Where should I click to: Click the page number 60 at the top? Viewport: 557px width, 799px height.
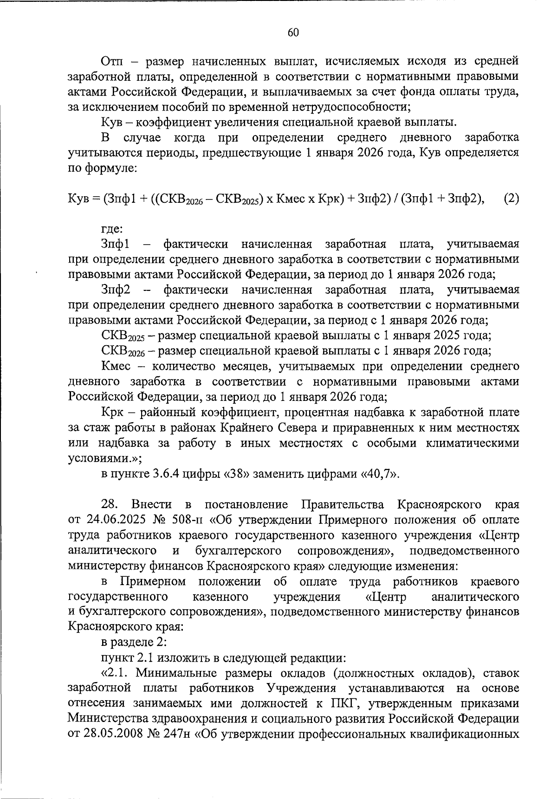pyautogui.click(x=293, y=32)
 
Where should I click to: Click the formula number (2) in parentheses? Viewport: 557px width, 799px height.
pyautogui.click(x=511, y=199)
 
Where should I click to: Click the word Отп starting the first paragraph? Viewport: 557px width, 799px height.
pyautogui.click(x=112, y=61)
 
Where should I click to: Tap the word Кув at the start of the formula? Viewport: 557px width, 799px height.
pyautogui.click(x=77, y=199)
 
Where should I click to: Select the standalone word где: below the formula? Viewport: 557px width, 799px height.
pyautogui.click(x=112, y=229)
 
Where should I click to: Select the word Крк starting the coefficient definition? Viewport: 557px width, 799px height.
pyautogui.click(x=111, y=412)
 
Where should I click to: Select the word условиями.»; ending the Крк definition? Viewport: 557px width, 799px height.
pyautogui.click(x=104, y=458)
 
